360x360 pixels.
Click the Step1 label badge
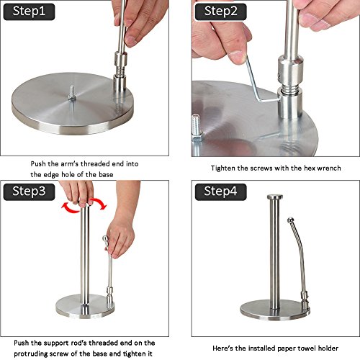(29, 12)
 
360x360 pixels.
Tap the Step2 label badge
(220, 12)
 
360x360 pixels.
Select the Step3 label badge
(29, 192)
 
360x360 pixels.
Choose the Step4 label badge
(220, 192)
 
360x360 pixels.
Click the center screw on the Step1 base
(72, 93)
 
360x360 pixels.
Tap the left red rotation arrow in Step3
(70, 207)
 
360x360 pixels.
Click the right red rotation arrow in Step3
(99, 204)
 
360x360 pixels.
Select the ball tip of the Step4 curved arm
(291, 220)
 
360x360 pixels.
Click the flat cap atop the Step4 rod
(275, 197)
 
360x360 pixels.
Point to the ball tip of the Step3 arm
(105, 239)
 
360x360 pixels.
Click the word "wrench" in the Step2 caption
(329, 168)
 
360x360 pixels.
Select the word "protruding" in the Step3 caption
(29, 354)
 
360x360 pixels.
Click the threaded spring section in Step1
(120, 71)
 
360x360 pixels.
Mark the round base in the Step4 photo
(275, 310)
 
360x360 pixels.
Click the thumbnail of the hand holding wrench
(276, 78)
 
